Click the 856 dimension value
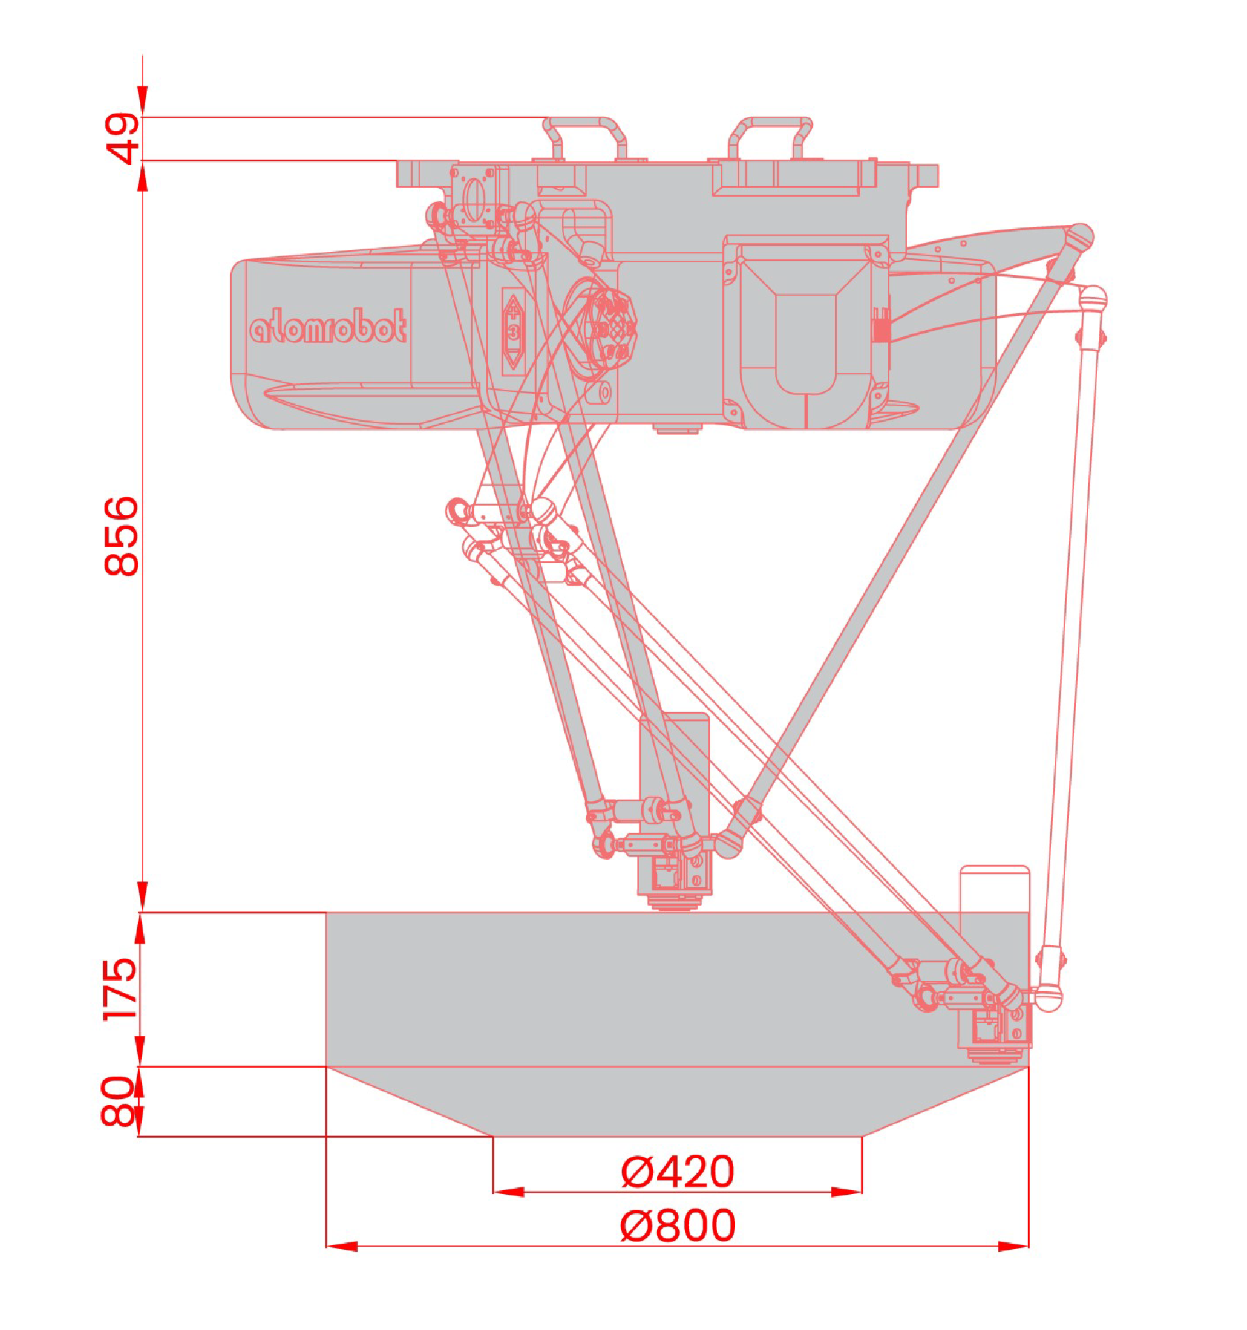[x=122, y=536]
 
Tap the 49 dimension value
[x=122, y=139]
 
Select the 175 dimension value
[x=120, y=989]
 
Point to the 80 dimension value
[x=119, y=1102]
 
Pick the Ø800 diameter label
[x=678, y=1225]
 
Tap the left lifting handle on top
[x=584, y=137]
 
